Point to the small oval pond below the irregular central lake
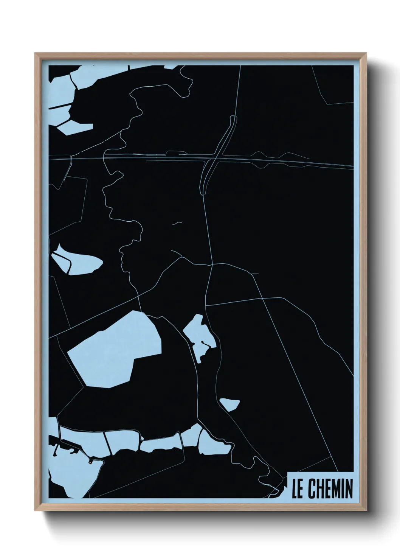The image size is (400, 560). point(229,404)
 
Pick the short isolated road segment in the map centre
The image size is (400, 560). point(177,223)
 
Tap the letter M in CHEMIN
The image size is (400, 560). point(335,489)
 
